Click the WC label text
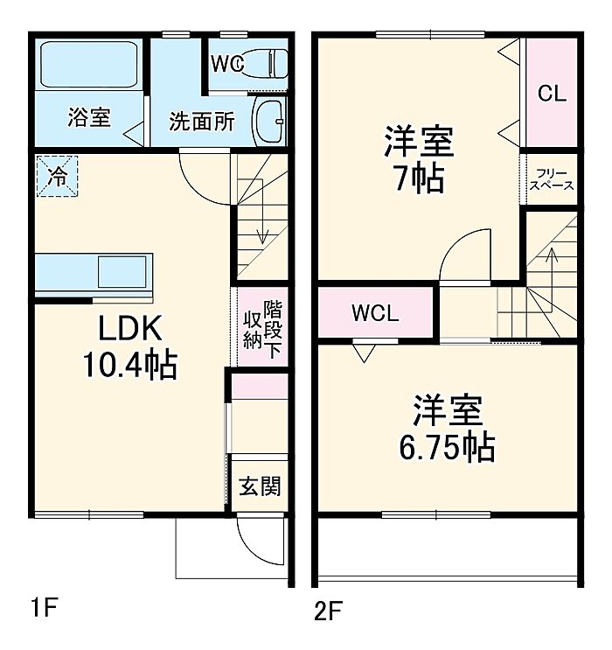pyautogui.click(x=226, y=64)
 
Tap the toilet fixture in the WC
pyautogui.click(x=268, y=64)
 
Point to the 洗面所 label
pyautogui.click(x=201, y=122)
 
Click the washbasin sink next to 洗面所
pyautogui.click(x=268, y=121)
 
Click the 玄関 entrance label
pyautogui.click(x=260, y=486)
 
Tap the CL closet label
pyautogui.click(x=552, y=94)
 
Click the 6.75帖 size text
pyautogui.click(x=447, y=448)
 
